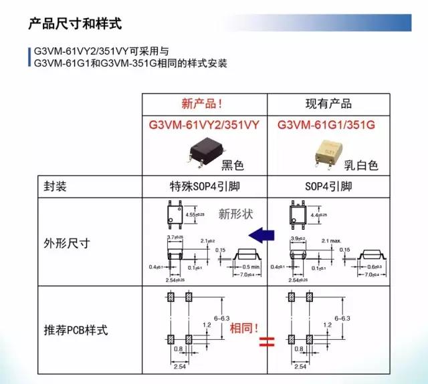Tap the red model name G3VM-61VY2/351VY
point(204,126)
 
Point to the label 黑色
point(234,164)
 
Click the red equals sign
point(267,344)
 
